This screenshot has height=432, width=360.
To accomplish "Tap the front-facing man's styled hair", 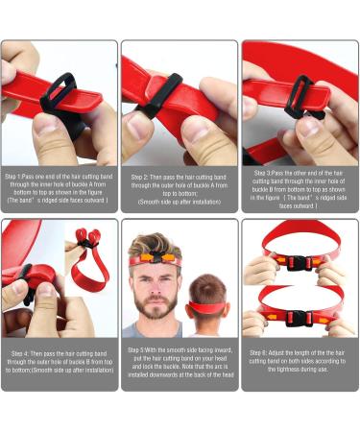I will click(x=154, y=242).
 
